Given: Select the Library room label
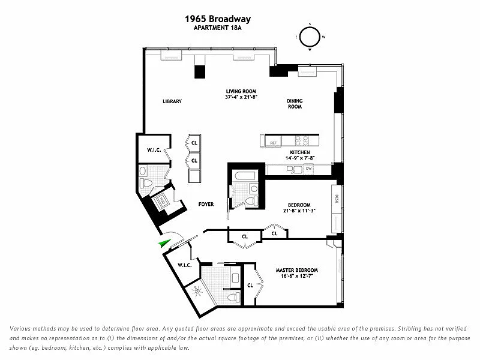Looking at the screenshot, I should click(x=172, y=101).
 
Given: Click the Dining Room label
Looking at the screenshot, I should click(x=294, y=104).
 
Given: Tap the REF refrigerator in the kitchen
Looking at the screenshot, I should click(x=273, y=143).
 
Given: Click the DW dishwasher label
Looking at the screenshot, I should click(x=308, y=169).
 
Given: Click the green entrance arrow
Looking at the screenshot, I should click(x=162, y=242).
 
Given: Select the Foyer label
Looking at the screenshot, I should click(x=206, y=205).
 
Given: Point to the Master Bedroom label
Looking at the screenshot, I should click(x=296, y=270).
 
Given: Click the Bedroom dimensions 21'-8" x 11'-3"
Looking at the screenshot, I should click(x=299, y=211).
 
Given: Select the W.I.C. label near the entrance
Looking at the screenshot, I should click(x=184, y=265).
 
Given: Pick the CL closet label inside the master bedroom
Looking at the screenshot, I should click(x=250, y=285).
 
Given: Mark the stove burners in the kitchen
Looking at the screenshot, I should click(x=300, y=141).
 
